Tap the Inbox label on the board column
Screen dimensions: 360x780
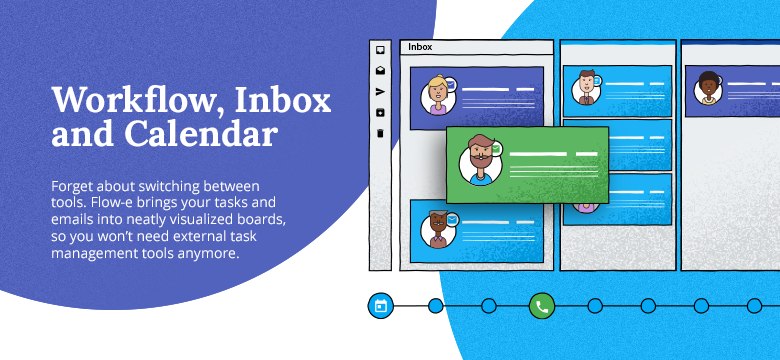[x=420, y=47]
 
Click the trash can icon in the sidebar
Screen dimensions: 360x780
[x=380, y=132]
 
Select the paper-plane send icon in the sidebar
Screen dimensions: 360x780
[x=380, y=91]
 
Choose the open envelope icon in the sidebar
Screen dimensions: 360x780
[x=380, y=70]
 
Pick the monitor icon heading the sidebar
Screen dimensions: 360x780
[x=380, y=49]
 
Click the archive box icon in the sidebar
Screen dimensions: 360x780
[x=380, y=111]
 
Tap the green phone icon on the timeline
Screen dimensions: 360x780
[x=541, y=306]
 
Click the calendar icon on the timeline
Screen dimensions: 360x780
[x=380, y=306]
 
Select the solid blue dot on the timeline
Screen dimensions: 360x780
[x=435, y=306]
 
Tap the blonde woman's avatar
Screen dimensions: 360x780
[x=437, y=95]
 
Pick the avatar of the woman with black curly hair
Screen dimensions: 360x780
[x=709, y=87]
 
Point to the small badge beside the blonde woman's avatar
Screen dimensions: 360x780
[x=451, y=84]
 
